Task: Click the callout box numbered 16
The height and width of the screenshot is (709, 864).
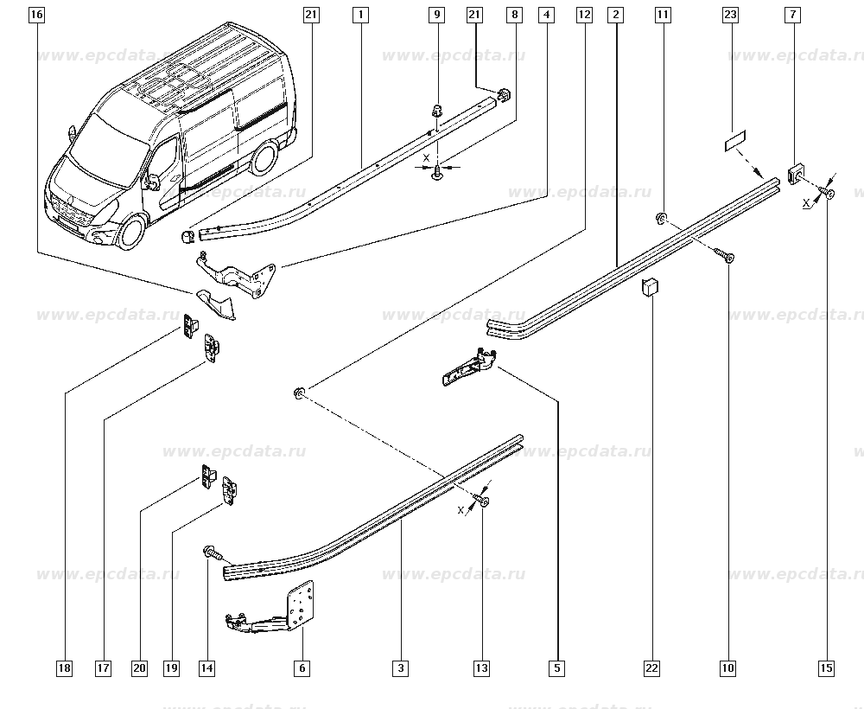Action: (36, 15)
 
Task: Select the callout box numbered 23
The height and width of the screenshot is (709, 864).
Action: (730, 15)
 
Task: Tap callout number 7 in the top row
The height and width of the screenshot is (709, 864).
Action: (793, 15)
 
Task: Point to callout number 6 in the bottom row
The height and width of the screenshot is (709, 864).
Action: (302, 668)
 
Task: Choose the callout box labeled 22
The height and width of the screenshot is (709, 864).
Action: (651, 668)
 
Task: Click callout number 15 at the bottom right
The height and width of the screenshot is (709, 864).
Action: (827, 668)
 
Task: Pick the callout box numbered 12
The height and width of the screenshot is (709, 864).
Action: (584, 15)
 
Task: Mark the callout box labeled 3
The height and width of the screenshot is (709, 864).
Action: (401, 668)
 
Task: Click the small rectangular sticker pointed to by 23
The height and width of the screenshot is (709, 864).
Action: (734, 140)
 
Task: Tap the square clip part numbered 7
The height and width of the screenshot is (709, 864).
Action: (794, 174)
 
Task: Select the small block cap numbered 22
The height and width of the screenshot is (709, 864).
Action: (651, 287)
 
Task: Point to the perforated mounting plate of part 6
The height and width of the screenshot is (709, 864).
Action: (301, 604)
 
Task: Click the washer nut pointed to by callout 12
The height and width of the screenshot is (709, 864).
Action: (299, 393)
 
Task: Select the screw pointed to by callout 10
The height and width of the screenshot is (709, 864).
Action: (725, 255)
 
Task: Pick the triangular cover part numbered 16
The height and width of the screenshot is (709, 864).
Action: (215, 303)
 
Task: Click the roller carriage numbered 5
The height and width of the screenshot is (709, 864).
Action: (470, 367)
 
